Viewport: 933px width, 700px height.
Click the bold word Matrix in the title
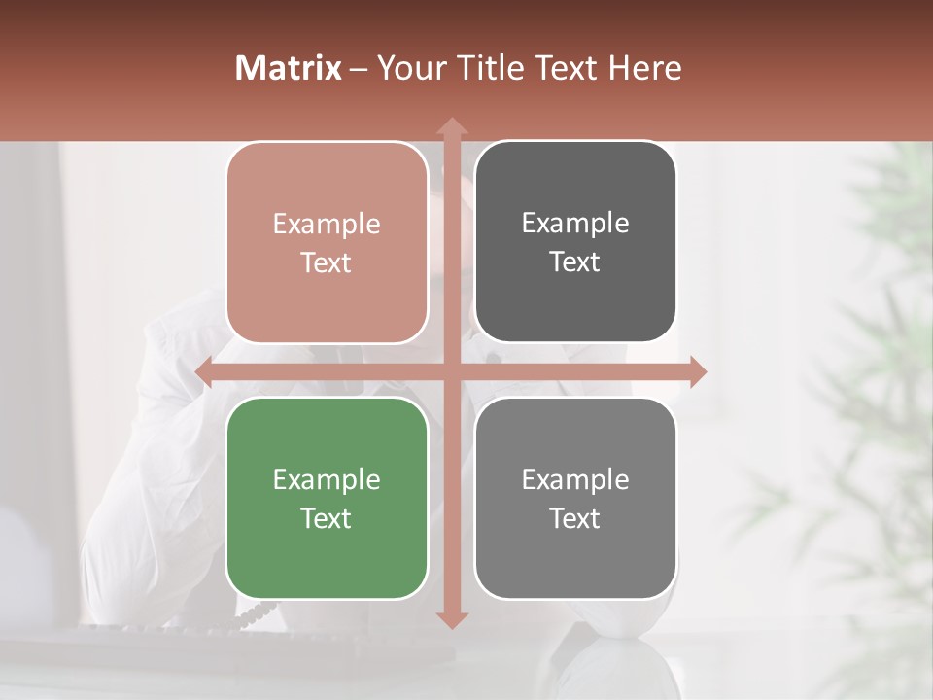[288, 68]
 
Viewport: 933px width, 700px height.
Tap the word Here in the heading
[644, 68]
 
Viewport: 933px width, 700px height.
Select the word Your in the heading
[408, 68]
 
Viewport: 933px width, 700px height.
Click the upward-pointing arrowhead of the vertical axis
[451, 126]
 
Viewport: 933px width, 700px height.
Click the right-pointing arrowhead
[697, 371]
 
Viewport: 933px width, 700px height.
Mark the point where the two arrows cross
[451, 371]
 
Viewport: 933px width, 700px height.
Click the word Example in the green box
[327, 479]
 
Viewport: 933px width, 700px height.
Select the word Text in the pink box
[327, 262]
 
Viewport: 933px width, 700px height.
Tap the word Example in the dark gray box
[575, 223]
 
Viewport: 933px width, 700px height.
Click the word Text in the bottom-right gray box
[575, 518]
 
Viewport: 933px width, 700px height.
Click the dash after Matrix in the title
[359, 69]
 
